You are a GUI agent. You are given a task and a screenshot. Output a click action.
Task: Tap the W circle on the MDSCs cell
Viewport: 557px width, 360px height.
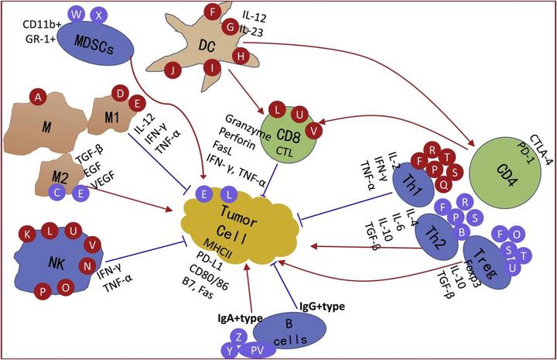click(x=76, y=15)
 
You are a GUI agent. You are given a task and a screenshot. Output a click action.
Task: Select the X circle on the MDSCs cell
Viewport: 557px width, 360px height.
click(x=97, y=15)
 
